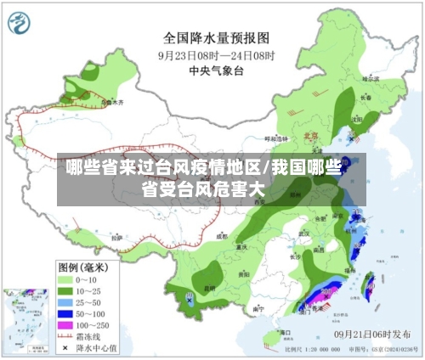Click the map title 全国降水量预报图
[216, 37]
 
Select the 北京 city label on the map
[311, 134]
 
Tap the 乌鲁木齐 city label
[112, 102]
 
